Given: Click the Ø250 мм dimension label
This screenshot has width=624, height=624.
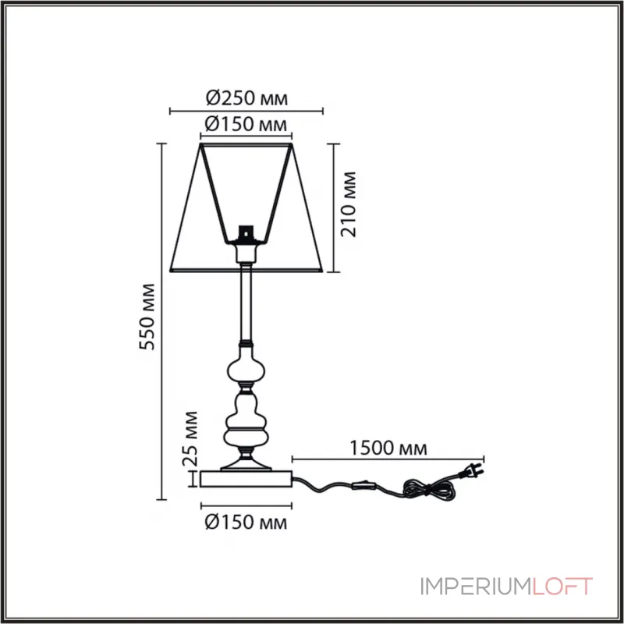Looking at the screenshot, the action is point(246,98).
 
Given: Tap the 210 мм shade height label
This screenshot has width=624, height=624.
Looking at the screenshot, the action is point(349,204).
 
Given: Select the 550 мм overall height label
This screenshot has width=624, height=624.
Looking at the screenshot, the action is point(147,317).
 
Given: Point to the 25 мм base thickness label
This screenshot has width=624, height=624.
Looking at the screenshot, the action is point(190,438).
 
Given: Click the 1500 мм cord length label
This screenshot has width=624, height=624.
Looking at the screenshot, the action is point(388,448).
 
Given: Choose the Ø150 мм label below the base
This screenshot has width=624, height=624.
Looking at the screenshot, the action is point(246,522).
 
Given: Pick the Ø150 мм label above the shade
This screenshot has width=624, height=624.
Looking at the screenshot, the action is point(246,124).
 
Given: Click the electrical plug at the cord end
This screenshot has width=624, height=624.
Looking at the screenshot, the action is point(473,470).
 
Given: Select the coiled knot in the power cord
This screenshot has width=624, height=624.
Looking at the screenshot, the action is point(429,490).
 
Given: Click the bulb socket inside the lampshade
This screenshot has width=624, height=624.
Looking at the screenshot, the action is point(246,235).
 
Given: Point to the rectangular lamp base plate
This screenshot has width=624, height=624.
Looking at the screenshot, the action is point(246,479).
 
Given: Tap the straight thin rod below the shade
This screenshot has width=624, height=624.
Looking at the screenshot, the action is point(246,303).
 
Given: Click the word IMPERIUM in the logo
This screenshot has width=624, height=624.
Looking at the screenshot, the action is point(474,587).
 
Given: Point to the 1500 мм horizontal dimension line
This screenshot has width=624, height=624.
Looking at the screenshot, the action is point(388,459).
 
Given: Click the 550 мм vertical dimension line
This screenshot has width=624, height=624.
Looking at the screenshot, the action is point(161,321).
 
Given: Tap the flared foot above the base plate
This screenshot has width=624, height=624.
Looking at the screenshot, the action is point(246,462).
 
